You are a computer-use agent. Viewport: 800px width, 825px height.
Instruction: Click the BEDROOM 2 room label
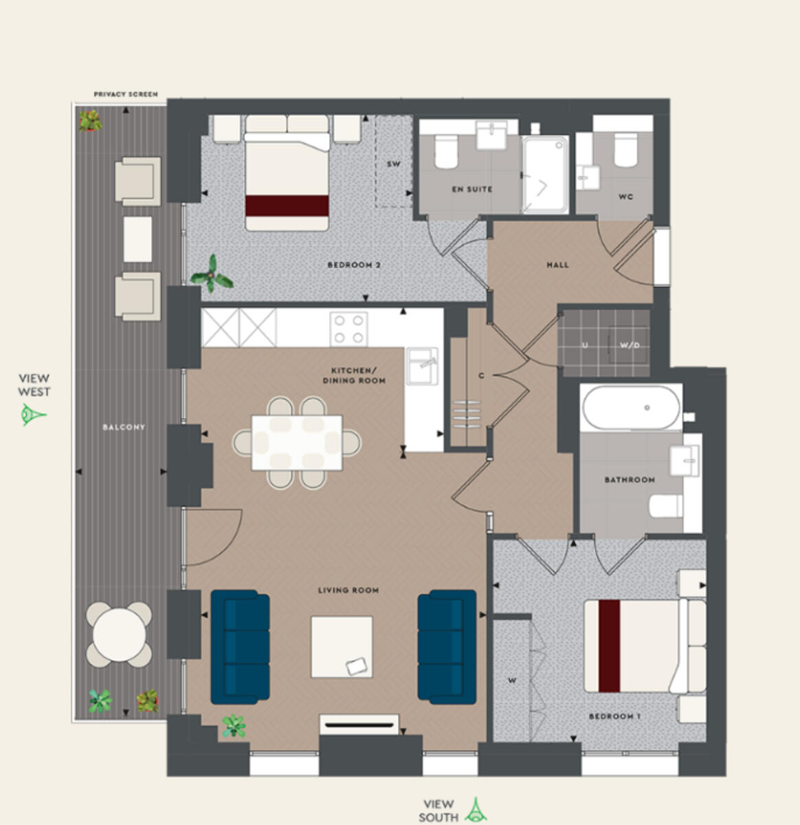pyautogui.click(x=354, y=265)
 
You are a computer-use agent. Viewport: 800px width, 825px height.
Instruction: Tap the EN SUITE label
pyautogui.click(x=471, y=189)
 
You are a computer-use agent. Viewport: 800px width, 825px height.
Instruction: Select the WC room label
pyautogui.click(x=625, y=197)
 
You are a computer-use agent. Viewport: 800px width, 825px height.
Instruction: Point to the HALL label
pyautogui.click(x=557, y=265)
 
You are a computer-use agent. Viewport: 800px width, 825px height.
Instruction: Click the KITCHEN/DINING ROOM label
pyautogui.click(x=354, y=375)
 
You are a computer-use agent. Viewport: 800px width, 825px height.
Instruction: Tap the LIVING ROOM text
pyautogui.click(x=348, y=590)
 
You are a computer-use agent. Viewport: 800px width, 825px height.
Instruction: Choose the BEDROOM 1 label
pyautogui.click(x=614, y=716)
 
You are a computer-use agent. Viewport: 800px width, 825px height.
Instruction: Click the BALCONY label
pyautogui.click(x=124, y=427)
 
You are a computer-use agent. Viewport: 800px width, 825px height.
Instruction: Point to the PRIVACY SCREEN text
pyautogui.click(x=126, y=94)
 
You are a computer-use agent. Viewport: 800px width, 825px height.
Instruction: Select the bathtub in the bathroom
pyautogui.click(x=631, y=408)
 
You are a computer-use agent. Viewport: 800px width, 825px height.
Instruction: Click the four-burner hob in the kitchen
pyautogui.click(x=348, y=329)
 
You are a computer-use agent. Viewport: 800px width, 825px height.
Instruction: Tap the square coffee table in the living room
pyautogui.click(x=342, y=647)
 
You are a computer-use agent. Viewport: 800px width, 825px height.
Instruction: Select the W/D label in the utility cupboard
pyautogui.click(x=629, y=345)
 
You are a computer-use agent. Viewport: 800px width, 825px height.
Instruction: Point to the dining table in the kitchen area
pyautogui.click(x=297, y=442)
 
